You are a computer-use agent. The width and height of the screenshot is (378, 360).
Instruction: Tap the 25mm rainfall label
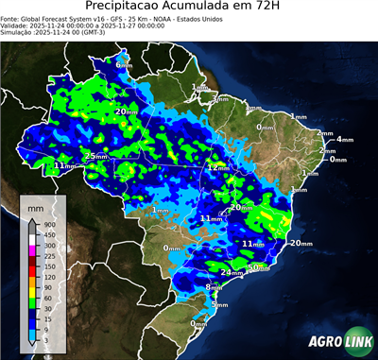pyautogui.click(x=95, y=156)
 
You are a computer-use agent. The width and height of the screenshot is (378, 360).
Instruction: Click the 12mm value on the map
pyautogui.click(x=218, y=167)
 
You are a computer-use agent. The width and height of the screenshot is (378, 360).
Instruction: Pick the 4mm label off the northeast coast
pyautogui.click(x=344, y=139)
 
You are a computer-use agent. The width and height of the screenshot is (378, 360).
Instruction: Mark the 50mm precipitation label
pyautogui.click(x=257, y=267)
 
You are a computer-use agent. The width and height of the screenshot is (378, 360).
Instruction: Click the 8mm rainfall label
pyautogui.click(x=214, y=286)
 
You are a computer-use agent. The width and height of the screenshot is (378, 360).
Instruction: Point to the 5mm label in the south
pyautogui.click(x=219, y=304)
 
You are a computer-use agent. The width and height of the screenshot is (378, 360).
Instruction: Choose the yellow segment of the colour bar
pyautogui.click(x=33, y=282)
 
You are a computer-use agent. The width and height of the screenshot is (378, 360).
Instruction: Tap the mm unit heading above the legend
pyautogui.click(x=35, y=204)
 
